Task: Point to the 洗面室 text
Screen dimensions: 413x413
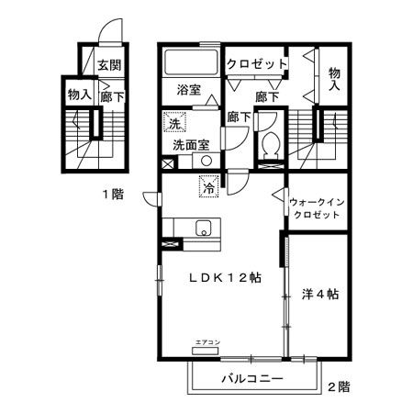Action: click(x=192, y=145)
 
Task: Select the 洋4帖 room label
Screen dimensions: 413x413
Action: click(x=320, y=295)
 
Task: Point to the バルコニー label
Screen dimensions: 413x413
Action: click(x=251, y=378)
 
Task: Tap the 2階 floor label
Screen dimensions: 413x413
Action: click(x=339, y=386)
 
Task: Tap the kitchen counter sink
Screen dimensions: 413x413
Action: click(x=203, y=229)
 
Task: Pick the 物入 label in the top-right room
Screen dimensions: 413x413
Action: click(x=336, y=78)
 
